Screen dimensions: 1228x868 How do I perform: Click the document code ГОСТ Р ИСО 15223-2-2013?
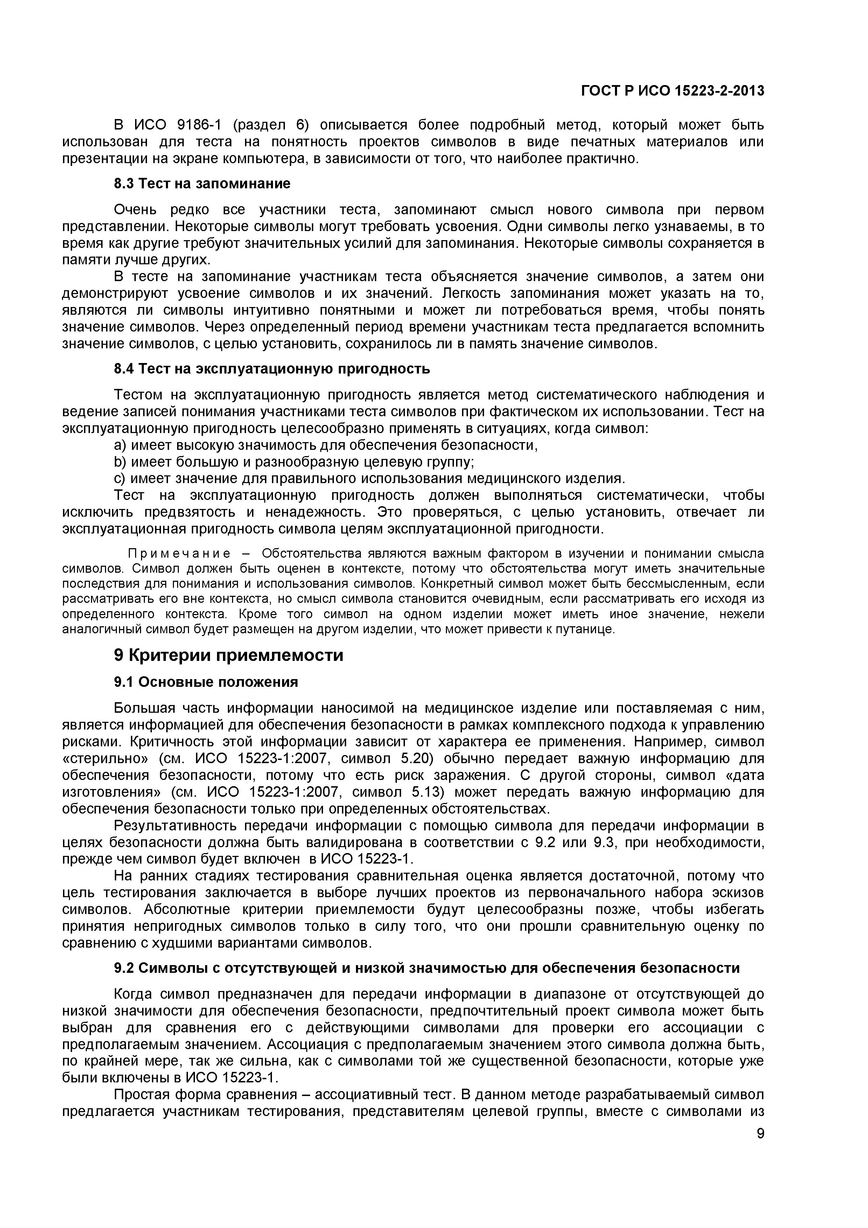672,91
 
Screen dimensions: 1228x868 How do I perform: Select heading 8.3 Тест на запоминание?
202,183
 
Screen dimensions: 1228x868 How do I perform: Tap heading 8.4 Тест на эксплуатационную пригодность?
272,369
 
